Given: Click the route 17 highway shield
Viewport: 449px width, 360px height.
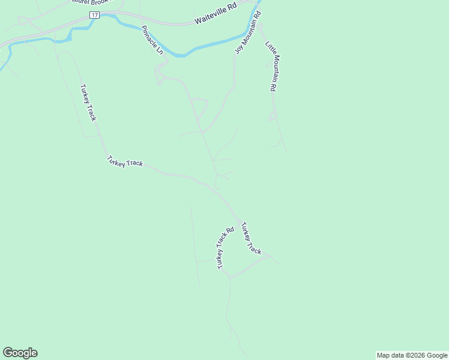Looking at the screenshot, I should [x=94, y=14].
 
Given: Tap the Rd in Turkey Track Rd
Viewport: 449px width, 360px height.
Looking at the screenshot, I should [x=230, y=231].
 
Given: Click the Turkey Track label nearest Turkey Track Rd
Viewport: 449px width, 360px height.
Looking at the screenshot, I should [x=251, y=238].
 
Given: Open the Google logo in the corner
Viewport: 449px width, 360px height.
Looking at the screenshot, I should [x=20, y=353].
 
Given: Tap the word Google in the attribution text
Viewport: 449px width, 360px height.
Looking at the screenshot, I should [x=438, y=355].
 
